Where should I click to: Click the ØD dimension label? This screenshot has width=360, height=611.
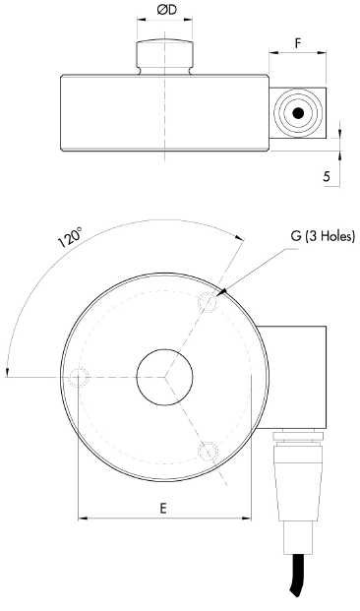(x=167, y=10)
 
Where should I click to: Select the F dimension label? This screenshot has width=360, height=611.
(x=298, y=43)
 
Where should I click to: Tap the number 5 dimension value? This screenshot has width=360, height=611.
(x=327, y=176)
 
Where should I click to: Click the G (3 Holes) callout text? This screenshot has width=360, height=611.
(x=323, y=236)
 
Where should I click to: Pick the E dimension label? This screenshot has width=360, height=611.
(x=163, y=508)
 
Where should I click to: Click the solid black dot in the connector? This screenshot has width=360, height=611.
(x=298, y=113)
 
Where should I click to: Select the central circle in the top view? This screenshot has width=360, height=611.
(x=164, y=377)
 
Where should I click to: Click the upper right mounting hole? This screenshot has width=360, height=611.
(x=209, y=302)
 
